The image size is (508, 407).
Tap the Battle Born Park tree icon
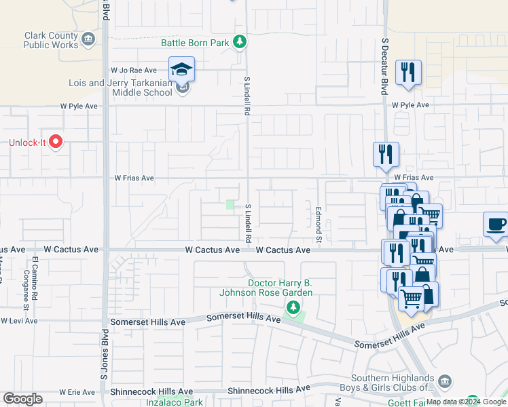(240, 43)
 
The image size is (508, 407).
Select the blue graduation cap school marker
(182, 69)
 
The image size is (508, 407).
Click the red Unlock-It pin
(56, 142)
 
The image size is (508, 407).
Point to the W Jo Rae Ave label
(133, 70)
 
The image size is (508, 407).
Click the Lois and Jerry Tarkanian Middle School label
(121, 88)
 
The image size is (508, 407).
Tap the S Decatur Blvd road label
(384, 58)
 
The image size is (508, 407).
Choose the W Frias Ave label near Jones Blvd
(134, 178)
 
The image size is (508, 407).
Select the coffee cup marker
(496, 224)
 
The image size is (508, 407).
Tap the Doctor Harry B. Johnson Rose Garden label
(280, 288)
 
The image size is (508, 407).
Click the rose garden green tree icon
(293, 309)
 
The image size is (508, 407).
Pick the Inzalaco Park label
(175, 402)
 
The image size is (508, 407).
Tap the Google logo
(22, 399)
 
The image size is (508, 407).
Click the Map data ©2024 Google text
(466, 402)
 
